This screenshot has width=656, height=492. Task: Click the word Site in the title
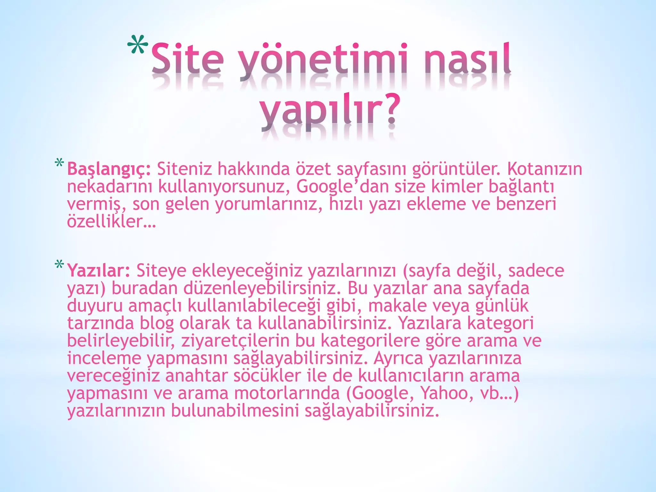click(x=187, y=59)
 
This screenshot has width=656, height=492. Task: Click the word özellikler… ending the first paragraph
click(x=111, y=221)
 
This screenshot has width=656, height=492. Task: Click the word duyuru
click(x=95, y=306)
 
